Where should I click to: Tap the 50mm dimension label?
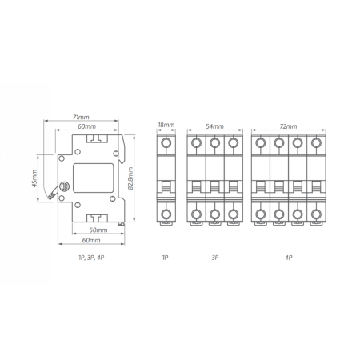click(98, 230)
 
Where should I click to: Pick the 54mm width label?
click(214, 126)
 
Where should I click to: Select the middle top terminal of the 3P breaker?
click(214, 144)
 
